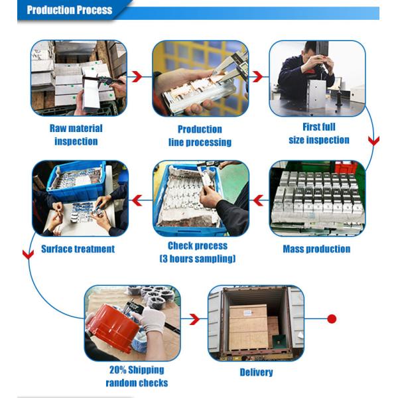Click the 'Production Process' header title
pyautogui.click(x=69, y=10)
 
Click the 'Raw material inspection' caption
pyautogui.click(x=76, y=135)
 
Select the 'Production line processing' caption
pyautogui.click(x=200, y=136)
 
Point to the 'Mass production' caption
pyautogui.click(x=316, y=249)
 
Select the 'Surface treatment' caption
pyautogui.click(x=78, y=249)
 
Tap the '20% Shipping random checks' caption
pyautogui.click(x=137, y=376)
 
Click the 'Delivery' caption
pyautogui.click(x=256, y=372)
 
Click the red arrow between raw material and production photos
pyautogui.click(x=137, y=77)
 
